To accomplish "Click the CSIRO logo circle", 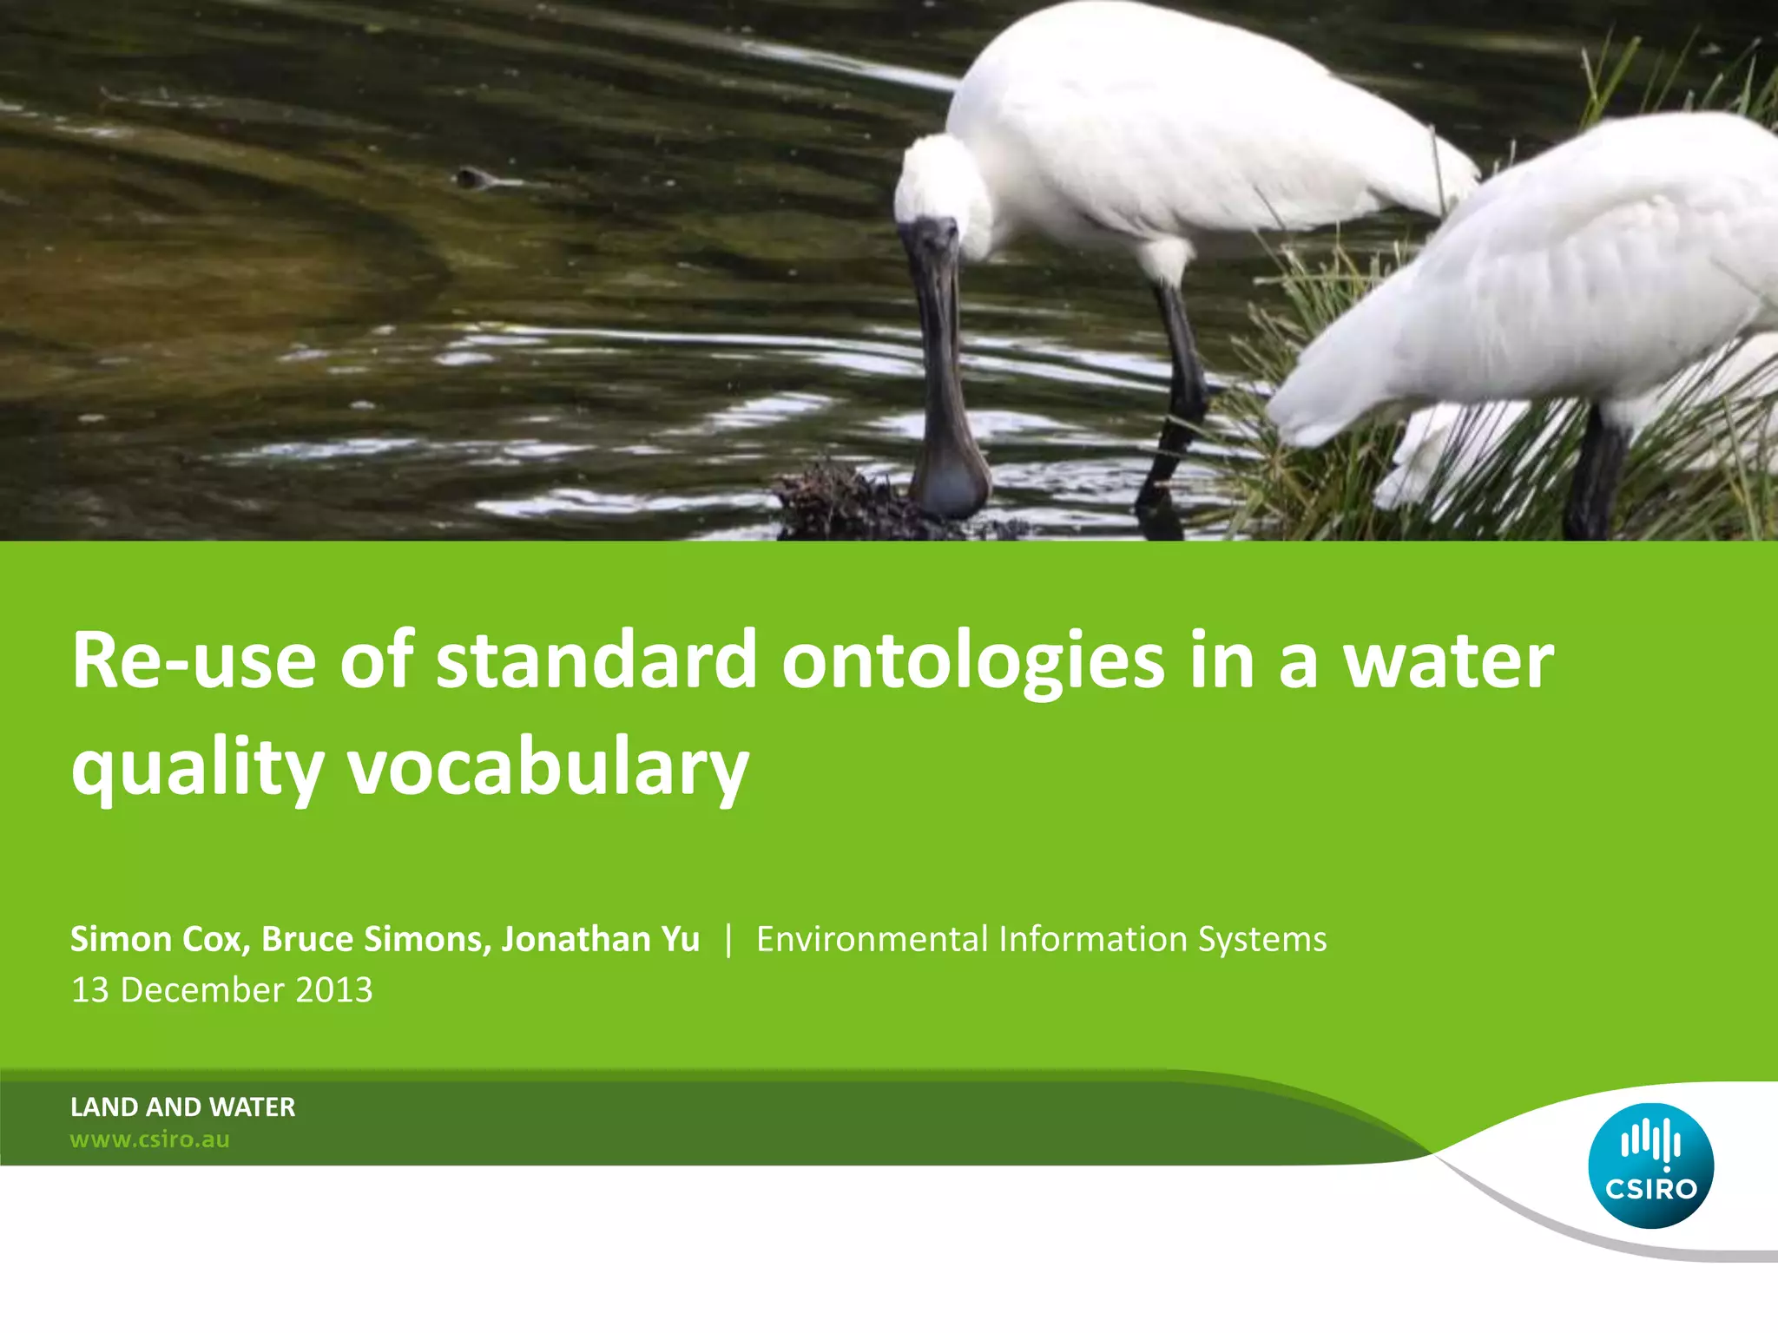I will click(x=1650, y=1166).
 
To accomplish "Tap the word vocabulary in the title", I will click(x=548, y=768).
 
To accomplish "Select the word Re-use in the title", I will click(x=194, y=661).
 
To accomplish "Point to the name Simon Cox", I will click(x=156, y=939).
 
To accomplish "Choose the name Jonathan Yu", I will click(x=600, y=939).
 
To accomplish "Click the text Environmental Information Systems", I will click(x=1041, y=939).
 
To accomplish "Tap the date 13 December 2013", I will click(x=221, y=990).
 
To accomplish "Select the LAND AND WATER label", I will click(x=182, y=1106).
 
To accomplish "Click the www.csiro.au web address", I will click(x=149, y=1139).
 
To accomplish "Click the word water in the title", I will click(x=1448, y=661).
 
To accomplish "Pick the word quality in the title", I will click(x=197, y=768).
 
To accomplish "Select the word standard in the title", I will click(x=596, y=661).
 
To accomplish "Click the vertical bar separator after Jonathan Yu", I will click(x=728, y=939).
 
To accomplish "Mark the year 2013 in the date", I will click(x=333, y=990).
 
